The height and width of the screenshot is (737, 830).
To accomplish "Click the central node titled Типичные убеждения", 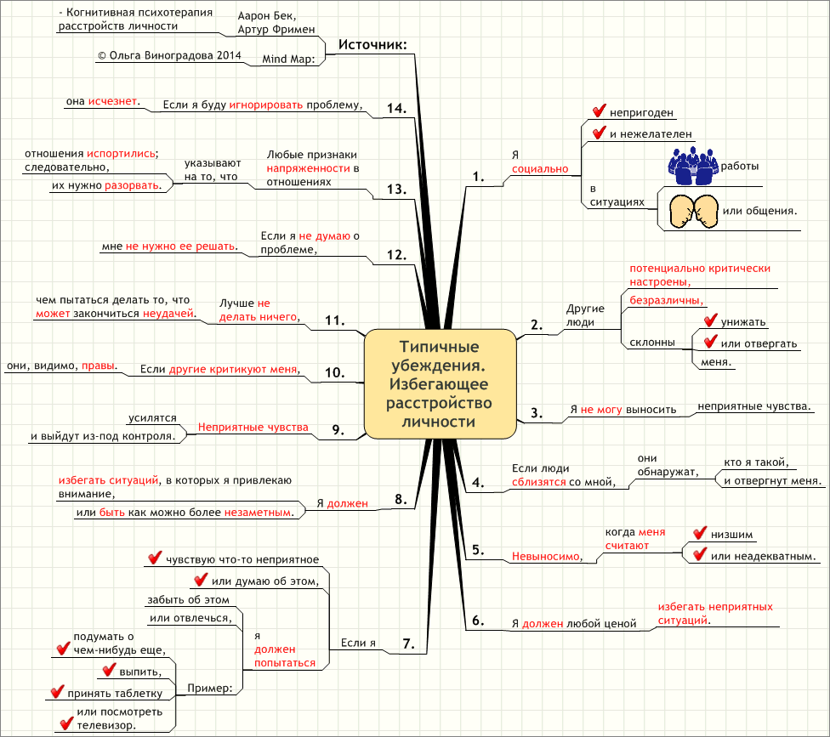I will [441, 383].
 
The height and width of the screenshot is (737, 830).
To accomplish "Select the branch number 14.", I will [396, 109].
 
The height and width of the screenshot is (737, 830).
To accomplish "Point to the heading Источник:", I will [372, 44].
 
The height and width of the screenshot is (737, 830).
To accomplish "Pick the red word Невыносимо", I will [545, 557].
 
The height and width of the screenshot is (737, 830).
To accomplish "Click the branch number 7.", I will [408, 644].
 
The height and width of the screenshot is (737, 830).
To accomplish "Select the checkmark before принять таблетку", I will [57, 692].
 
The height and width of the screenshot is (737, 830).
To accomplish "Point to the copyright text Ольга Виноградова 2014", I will [169, 55].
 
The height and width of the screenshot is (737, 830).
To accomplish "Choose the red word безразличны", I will [666, 300].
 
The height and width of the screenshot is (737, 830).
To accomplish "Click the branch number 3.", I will [537, 413].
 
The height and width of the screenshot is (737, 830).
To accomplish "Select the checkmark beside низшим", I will [700, 533].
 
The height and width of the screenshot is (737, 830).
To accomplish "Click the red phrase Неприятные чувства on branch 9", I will [253, 427].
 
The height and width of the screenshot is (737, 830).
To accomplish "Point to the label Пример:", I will [210, 687].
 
